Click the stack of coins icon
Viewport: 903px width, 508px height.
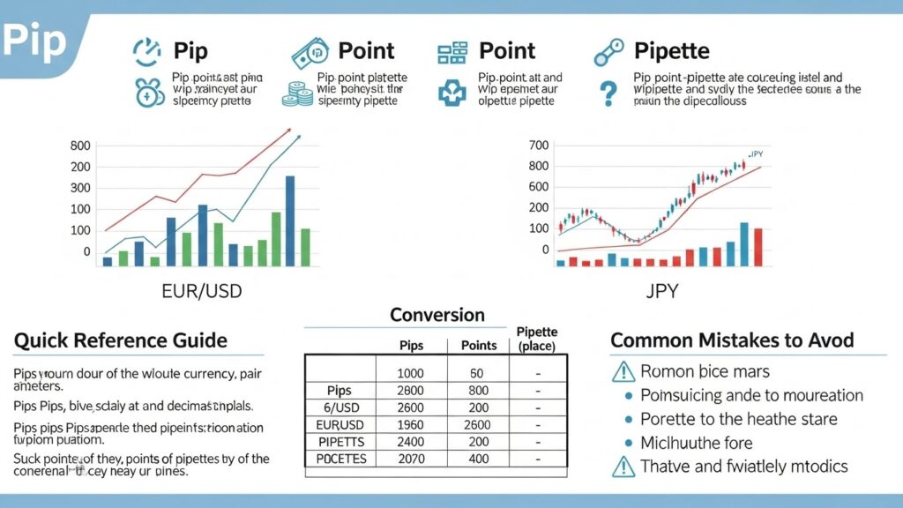pos(296,93)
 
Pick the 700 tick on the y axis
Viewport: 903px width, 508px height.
pos(538,146)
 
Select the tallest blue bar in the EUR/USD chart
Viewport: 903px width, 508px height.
pos(289,220)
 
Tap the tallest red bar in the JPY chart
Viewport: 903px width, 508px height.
pos(757,247)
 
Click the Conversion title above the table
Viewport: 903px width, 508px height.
pos(437,315)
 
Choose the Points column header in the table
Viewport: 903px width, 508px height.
pos(479,345)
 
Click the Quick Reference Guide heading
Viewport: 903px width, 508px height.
pos(121,340)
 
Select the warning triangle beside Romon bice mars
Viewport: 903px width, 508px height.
pos(623,371)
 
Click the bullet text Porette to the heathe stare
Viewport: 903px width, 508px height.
pos(737,419)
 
